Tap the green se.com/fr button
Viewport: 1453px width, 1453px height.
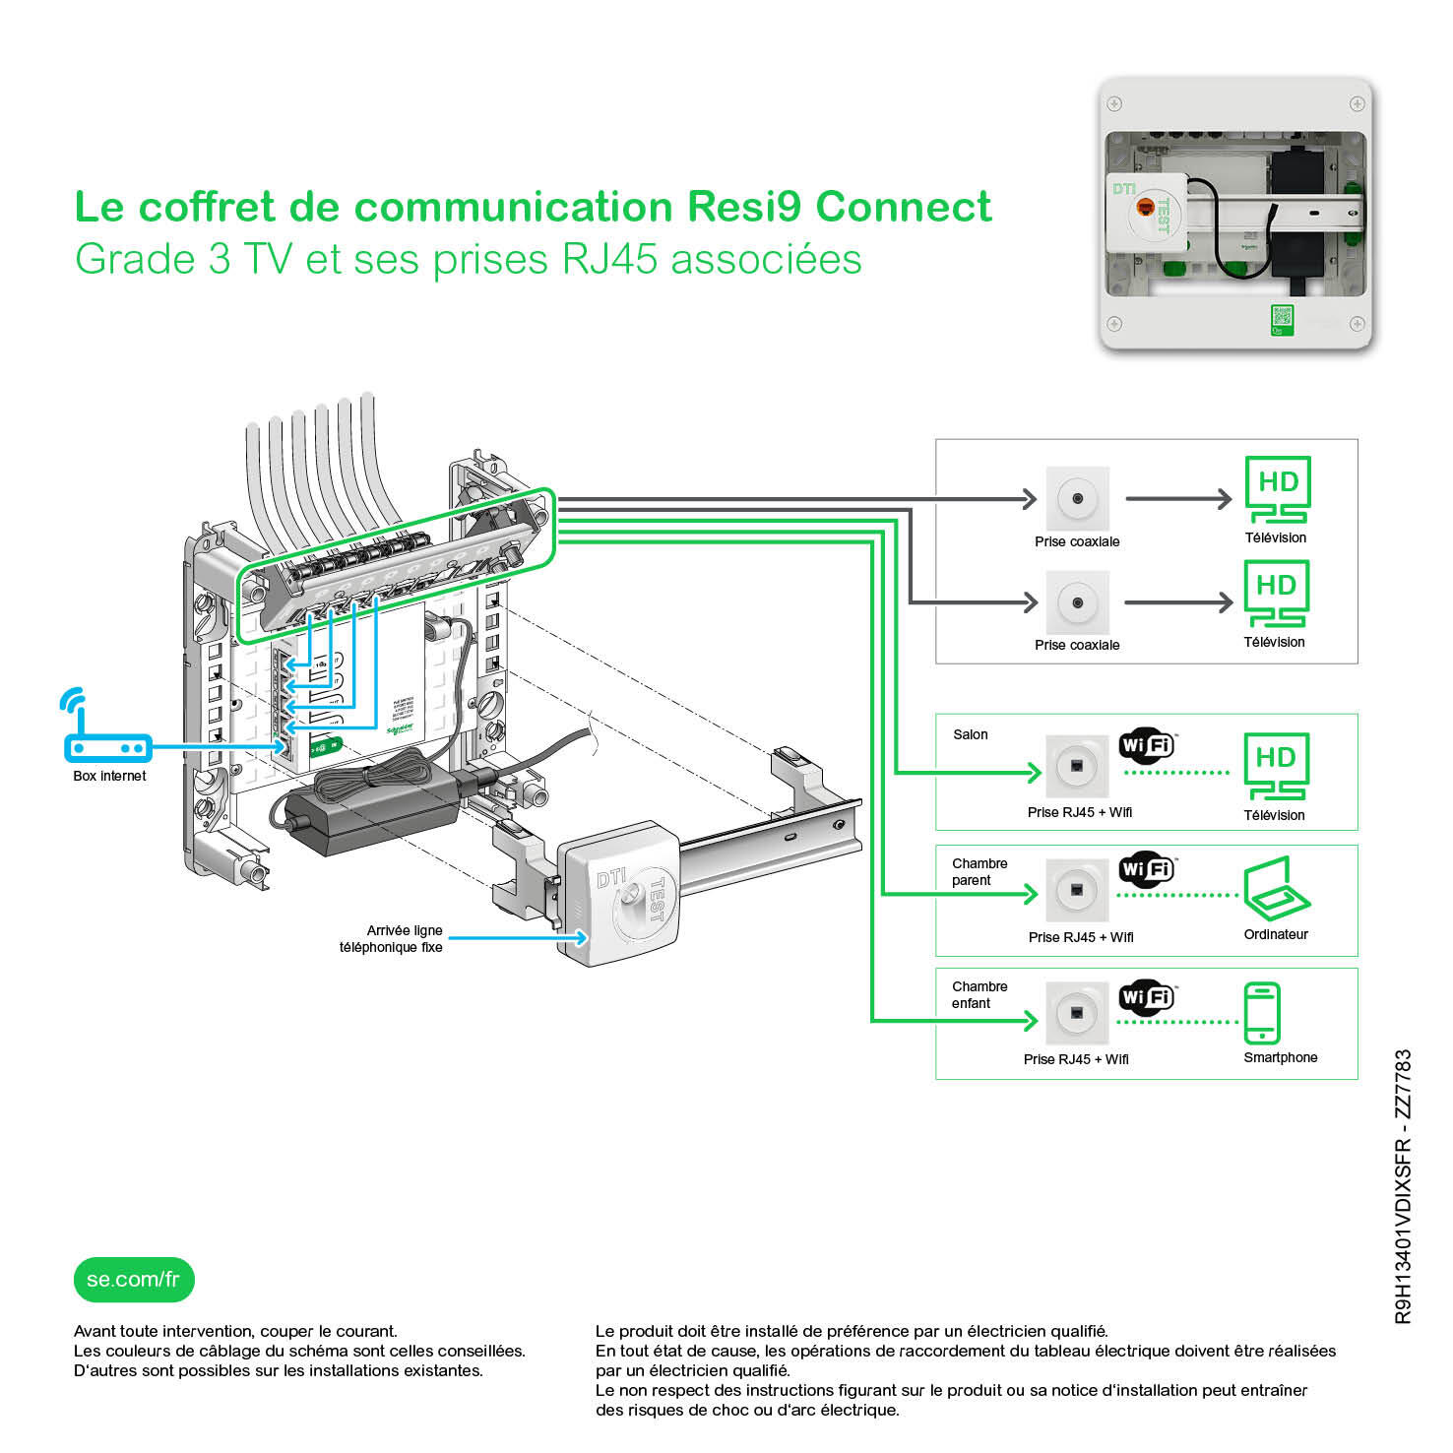pyautogui.click(x=134, y=1280)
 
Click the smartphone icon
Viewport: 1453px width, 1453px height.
pyautogui.click(x=1261, y=1012)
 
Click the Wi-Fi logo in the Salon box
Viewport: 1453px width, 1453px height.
pyautogui.click(x=1146, y=744)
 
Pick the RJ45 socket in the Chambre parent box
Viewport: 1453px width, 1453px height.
pyautogui.click(x=1077, y=891)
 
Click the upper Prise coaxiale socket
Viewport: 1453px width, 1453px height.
pyautogui.click(x=1077, y=498)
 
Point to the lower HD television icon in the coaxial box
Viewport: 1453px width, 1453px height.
pyautogui.click(x=1276, y=593)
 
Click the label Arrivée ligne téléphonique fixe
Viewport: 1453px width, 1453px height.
pyautogui.click(x=392, y=938)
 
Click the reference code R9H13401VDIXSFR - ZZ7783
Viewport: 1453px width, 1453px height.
pyautogui.click(x=1403, y=1186)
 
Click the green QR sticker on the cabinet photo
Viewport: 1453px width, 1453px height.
pyautogui.click(x=1281, y=319)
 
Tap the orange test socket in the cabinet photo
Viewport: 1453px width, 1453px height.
pyautogui.click(x=1145, y=207)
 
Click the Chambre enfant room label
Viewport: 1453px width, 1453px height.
pyautogui.click(x=979, y=994)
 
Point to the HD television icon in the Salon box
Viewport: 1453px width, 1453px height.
pyautogui.click(x=1276, y=766)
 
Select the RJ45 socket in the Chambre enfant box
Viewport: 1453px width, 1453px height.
pyautogui.click(x=1077, y=1013)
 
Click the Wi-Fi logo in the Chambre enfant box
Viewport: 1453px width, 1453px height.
pyautogui.click(x=1146, y=996)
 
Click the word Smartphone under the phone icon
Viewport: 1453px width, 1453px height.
pyautogui.click(x=1280, y=1057)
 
